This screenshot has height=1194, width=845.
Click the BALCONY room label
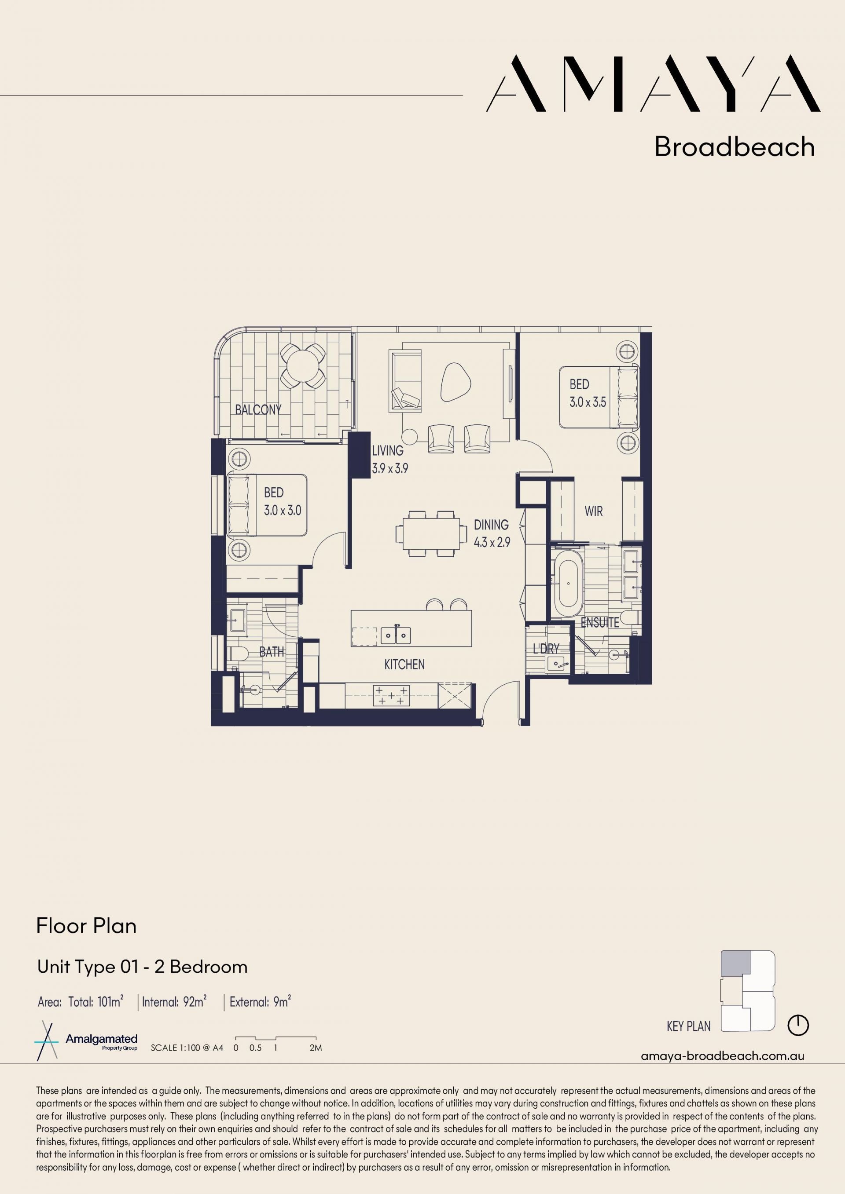pos(258,410)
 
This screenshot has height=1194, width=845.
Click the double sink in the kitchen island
pos(396,635)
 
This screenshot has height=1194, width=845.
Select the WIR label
pos(594,511)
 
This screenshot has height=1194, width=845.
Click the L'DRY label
pos(546,649)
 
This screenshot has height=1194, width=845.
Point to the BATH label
pos(272,652)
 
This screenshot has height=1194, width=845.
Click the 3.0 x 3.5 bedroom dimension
pos(588,402)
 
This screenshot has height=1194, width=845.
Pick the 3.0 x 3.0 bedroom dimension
pos(283,511)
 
